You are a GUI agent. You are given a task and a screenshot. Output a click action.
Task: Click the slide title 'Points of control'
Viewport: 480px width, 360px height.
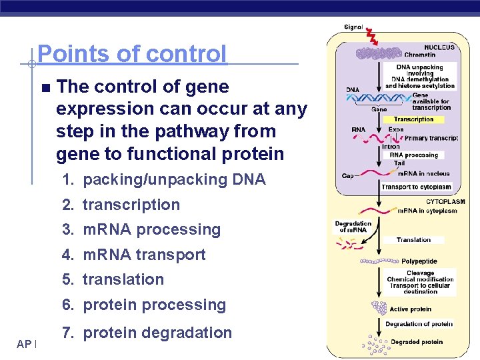(x=132, y=54)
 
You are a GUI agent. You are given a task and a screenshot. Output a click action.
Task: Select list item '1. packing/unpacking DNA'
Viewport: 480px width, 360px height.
(x=163, y=179)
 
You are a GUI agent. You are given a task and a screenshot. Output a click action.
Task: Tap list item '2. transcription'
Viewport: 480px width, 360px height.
(x=121, y=205)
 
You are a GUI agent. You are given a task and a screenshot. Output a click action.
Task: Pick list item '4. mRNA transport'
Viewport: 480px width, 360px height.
(x=133, y=255)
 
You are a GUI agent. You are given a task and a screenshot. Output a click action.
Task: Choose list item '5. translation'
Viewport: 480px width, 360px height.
(x=113, y=279)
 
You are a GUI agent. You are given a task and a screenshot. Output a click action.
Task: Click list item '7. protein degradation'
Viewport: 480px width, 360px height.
(x=147, y=333)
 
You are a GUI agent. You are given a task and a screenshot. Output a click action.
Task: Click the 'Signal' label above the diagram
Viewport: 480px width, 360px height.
(x=353, y=27)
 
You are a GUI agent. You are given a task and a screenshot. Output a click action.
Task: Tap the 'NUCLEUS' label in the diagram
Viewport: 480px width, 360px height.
(x=439, y=47)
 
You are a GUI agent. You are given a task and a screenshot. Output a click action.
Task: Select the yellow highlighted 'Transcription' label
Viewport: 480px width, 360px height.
(x=413, y=119)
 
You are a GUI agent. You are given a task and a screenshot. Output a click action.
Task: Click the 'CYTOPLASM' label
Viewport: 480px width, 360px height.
(x=445, y=201)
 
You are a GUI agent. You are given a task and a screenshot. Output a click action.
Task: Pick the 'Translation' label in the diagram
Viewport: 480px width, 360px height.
(x=413, y=240)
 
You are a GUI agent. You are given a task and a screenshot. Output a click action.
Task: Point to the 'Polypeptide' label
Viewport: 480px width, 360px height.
(x=419, y=262)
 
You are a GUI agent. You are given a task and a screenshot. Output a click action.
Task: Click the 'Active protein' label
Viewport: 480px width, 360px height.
(x=410, y=309)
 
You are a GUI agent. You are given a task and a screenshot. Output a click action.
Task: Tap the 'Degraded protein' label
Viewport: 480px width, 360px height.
(x=416, y=342)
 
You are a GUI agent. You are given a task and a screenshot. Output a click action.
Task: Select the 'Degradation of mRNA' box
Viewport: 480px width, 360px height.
(x=353, y=227)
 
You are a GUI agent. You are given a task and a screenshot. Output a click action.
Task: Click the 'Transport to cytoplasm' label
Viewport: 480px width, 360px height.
(x=416, y=187)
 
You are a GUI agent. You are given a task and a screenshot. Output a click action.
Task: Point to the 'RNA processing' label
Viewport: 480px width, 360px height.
(x=414, y=155)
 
